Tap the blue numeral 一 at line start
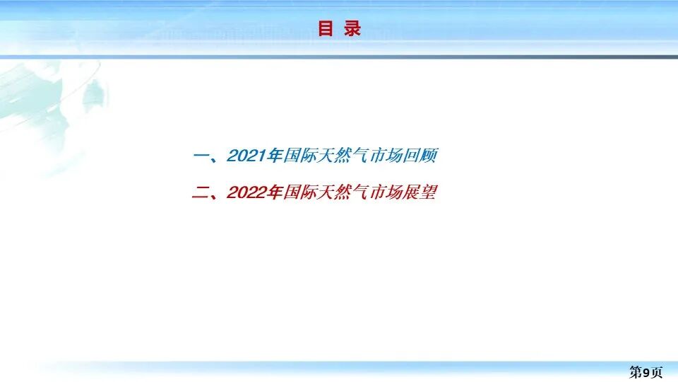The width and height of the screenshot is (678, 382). (201, 156)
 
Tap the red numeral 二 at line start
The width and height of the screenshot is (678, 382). (201, 192)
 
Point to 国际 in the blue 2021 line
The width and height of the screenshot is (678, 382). (299, 156)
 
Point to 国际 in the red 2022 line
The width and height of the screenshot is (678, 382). (299, 192)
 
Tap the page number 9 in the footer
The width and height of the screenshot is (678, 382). (646, 372)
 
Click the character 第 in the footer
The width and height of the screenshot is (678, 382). (636, 372)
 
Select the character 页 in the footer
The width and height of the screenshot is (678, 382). (656, 372)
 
